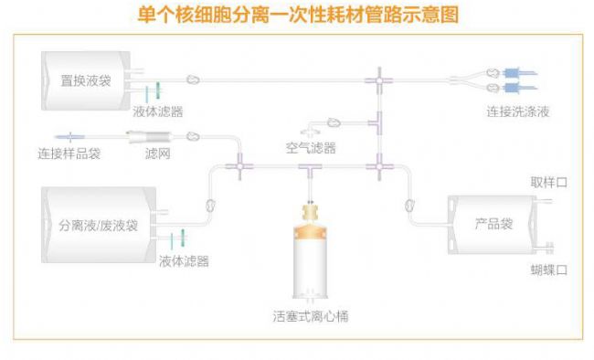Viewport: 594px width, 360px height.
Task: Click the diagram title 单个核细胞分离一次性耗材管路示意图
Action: tap(297, 15)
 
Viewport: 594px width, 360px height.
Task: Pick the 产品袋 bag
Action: tap(493, 224)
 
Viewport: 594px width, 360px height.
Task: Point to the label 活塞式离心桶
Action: tap(310, 316)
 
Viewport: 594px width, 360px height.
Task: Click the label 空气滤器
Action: tap(310, 147)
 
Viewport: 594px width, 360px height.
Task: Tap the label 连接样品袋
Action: tap(69, 154)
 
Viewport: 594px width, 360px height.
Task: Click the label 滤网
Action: tap(158, 154)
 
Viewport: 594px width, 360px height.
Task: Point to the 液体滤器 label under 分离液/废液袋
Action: tap(184, 261)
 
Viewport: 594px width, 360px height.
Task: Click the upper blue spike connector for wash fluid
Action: tap(517, 71)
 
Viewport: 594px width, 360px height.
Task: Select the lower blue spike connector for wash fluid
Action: tap(517, 89)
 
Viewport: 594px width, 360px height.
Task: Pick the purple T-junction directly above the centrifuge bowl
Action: tap(311, 167)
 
